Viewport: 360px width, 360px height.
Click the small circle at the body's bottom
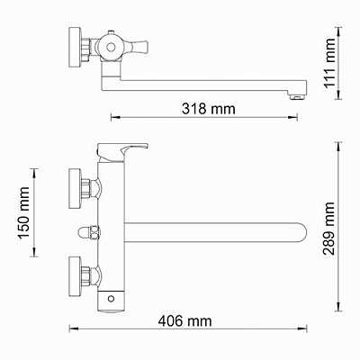(111, 296)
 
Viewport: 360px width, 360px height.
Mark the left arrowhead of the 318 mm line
(112, 117)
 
